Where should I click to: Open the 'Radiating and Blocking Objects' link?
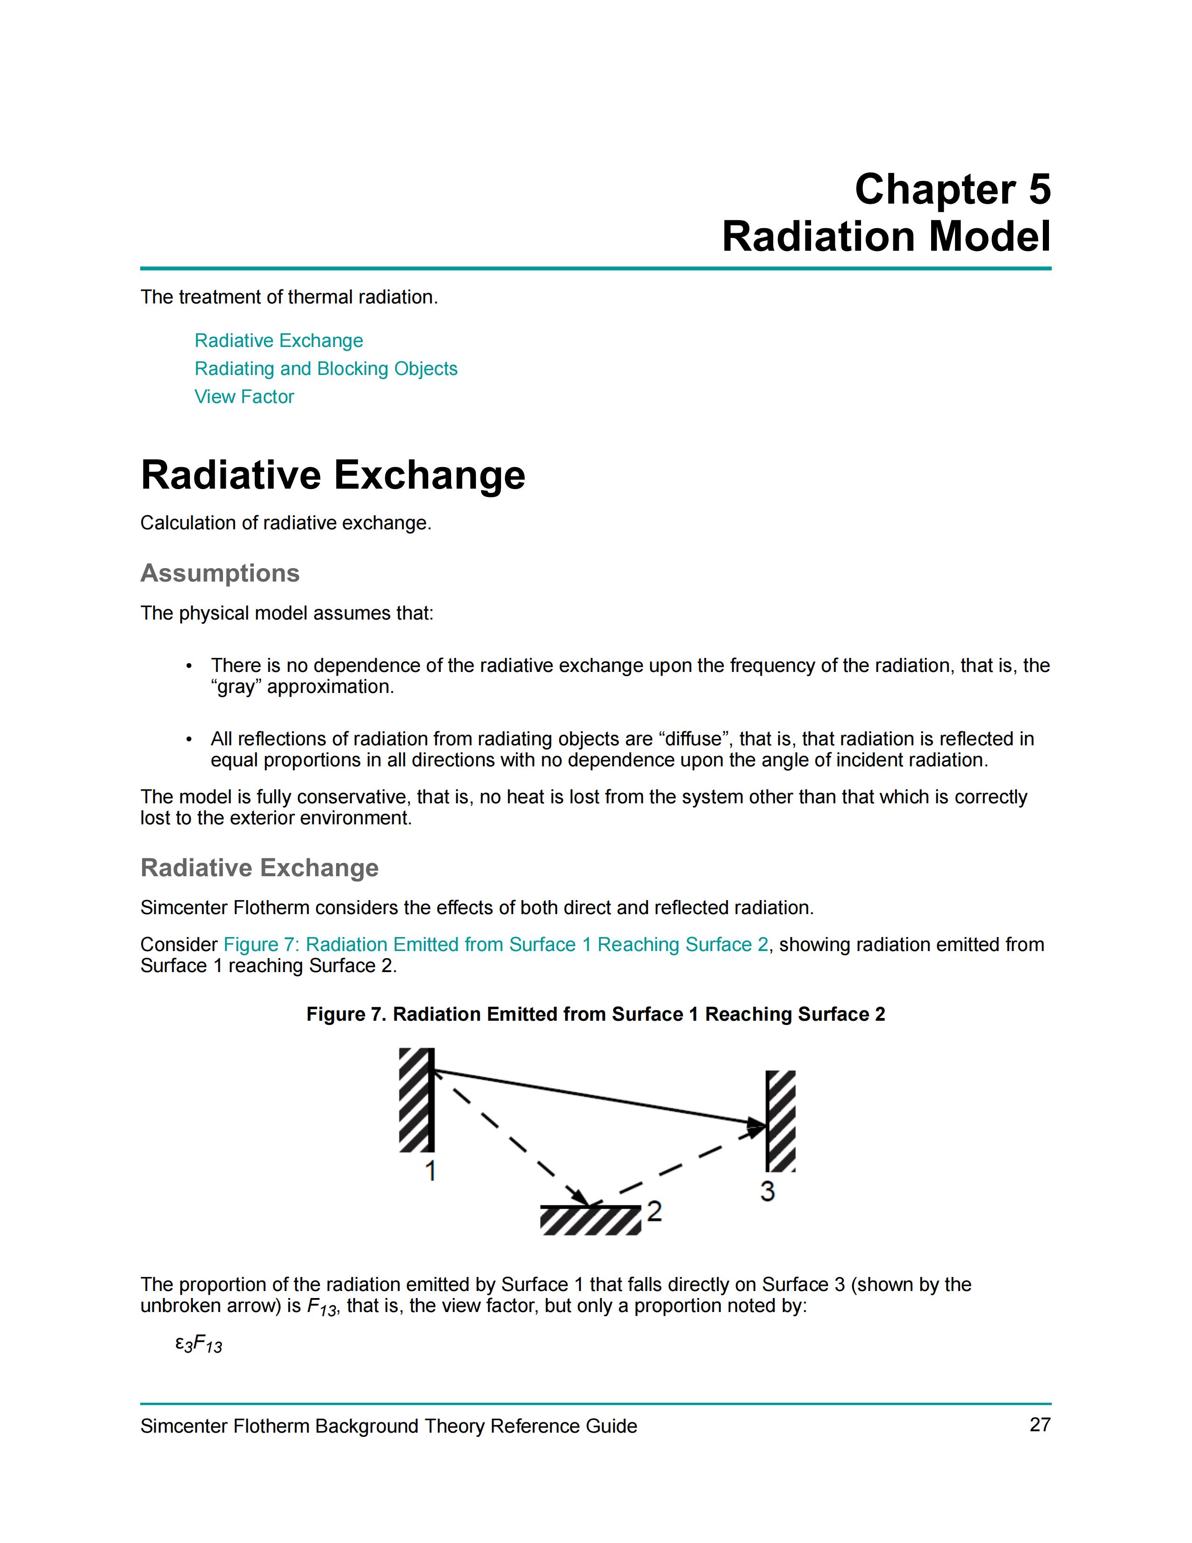click(x=325, y=369)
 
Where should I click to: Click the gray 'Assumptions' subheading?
click(x=220, y=573)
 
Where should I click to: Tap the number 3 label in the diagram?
click(x=768, y=1191)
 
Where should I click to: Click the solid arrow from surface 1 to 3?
click(x=600, y=1099)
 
